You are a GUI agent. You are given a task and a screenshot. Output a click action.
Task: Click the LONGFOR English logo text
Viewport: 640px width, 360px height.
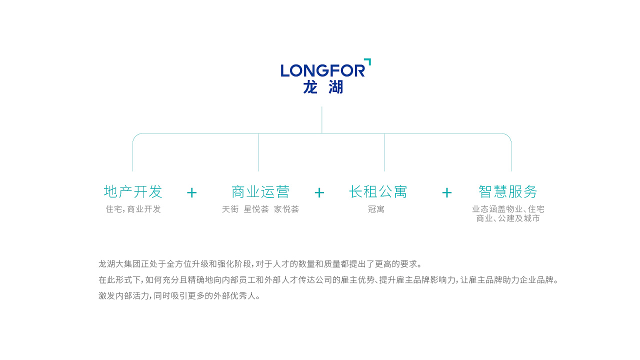click(x=322, y=70)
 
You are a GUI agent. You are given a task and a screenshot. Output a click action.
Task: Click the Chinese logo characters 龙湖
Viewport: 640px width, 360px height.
click(x=323, y=87)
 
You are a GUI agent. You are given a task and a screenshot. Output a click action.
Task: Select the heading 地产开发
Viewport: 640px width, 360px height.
click(x=133, y=191)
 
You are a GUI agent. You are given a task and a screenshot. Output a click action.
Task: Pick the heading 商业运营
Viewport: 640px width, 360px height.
click(x=260, y=191)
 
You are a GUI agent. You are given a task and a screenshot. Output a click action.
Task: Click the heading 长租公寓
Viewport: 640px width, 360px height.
click(x=378, y=191)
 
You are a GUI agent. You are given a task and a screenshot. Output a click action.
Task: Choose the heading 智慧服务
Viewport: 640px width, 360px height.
click(x=507, y=191)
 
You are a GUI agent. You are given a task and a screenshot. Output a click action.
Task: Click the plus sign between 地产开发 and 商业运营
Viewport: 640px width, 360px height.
click(x=192, y=192)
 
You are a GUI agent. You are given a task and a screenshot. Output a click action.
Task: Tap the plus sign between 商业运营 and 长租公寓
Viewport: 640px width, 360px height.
click(x=319, y=192)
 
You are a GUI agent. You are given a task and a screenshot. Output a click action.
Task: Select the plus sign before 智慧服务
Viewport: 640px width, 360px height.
click(x=447, y=192)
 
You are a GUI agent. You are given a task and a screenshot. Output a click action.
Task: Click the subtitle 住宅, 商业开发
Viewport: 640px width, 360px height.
click(x=133, y=209)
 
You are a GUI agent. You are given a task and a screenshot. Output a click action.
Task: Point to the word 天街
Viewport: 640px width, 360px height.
click(x=230, y=209)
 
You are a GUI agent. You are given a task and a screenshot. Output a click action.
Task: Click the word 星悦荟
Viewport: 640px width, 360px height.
click(x=256, y=209)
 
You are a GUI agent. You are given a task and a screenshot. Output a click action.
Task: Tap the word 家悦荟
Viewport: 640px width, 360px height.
click(x=286, y=209)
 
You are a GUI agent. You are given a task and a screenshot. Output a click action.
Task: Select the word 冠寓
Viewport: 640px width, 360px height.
click(x=376, y=209)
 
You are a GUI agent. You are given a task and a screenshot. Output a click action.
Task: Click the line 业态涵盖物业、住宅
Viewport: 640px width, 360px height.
click(x=508, y=209)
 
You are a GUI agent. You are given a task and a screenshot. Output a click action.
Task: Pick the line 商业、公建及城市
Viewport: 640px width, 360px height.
click(x=508, y=218)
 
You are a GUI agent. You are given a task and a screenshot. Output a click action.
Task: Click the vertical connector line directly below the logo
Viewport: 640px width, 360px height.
click(x=321, y=119)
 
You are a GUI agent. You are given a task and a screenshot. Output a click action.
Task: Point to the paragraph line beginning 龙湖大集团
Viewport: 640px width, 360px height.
click(x=260, y=263)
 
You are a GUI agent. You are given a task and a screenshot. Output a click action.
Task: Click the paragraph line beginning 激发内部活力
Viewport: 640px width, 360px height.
click(x=179, y=295)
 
